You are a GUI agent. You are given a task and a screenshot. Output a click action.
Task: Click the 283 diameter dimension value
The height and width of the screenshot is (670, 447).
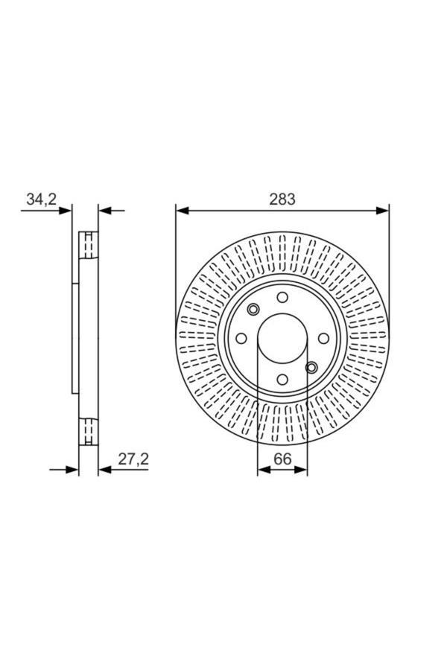[282, 199]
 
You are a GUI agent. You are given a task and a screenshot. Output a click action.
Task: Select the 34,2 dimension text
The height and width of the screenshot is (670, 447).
[42, 199]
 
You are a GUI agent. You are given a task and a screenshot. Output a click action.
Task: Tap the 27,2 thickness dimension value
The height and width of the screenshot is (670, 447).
[133, 459]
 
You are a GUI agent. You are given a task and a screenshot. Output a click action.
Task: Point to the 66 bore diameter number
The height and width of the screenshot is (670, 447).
[282, 459]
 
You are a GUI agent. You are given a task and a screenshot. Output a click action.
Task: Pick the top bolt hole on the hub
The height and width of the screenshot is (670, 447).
[282, 297]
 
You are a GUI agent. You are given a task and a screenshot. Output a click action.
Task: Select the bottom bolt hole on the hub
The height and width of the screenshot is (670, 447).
[282, 380]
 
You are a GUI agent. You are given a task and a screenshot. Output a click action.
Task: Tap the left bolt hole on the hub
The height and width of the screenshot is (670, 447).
[241, 339]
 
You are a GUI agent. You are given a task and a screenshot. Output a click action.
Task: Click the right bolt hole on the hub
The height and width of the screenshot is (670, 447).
[323, 339]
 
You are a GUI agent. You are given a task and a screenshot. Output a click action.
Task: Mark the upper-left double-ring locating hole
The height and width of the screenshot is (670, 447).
[253, 310]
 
